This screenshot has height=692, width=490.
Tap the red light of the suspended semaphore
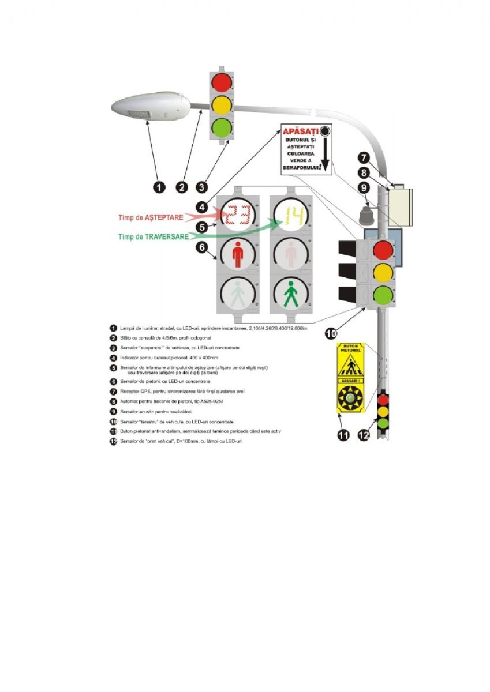click(x=221, y=81)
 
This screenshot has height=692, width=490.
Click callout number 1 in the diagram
click(x=160, y=187)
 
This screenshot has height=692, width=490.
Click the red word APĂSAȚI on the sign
click(x=300, y=131)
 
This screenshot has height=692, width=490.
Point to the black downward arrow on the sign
click(x=324, y=152)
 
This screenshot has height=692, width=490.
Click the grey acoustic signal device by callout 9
click(x=365, y=216)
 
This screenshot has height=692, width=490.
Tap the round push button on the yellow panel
click(x=349, y=397)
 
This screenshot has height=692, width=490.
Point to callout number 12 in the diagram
click(x=363, y=435)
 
